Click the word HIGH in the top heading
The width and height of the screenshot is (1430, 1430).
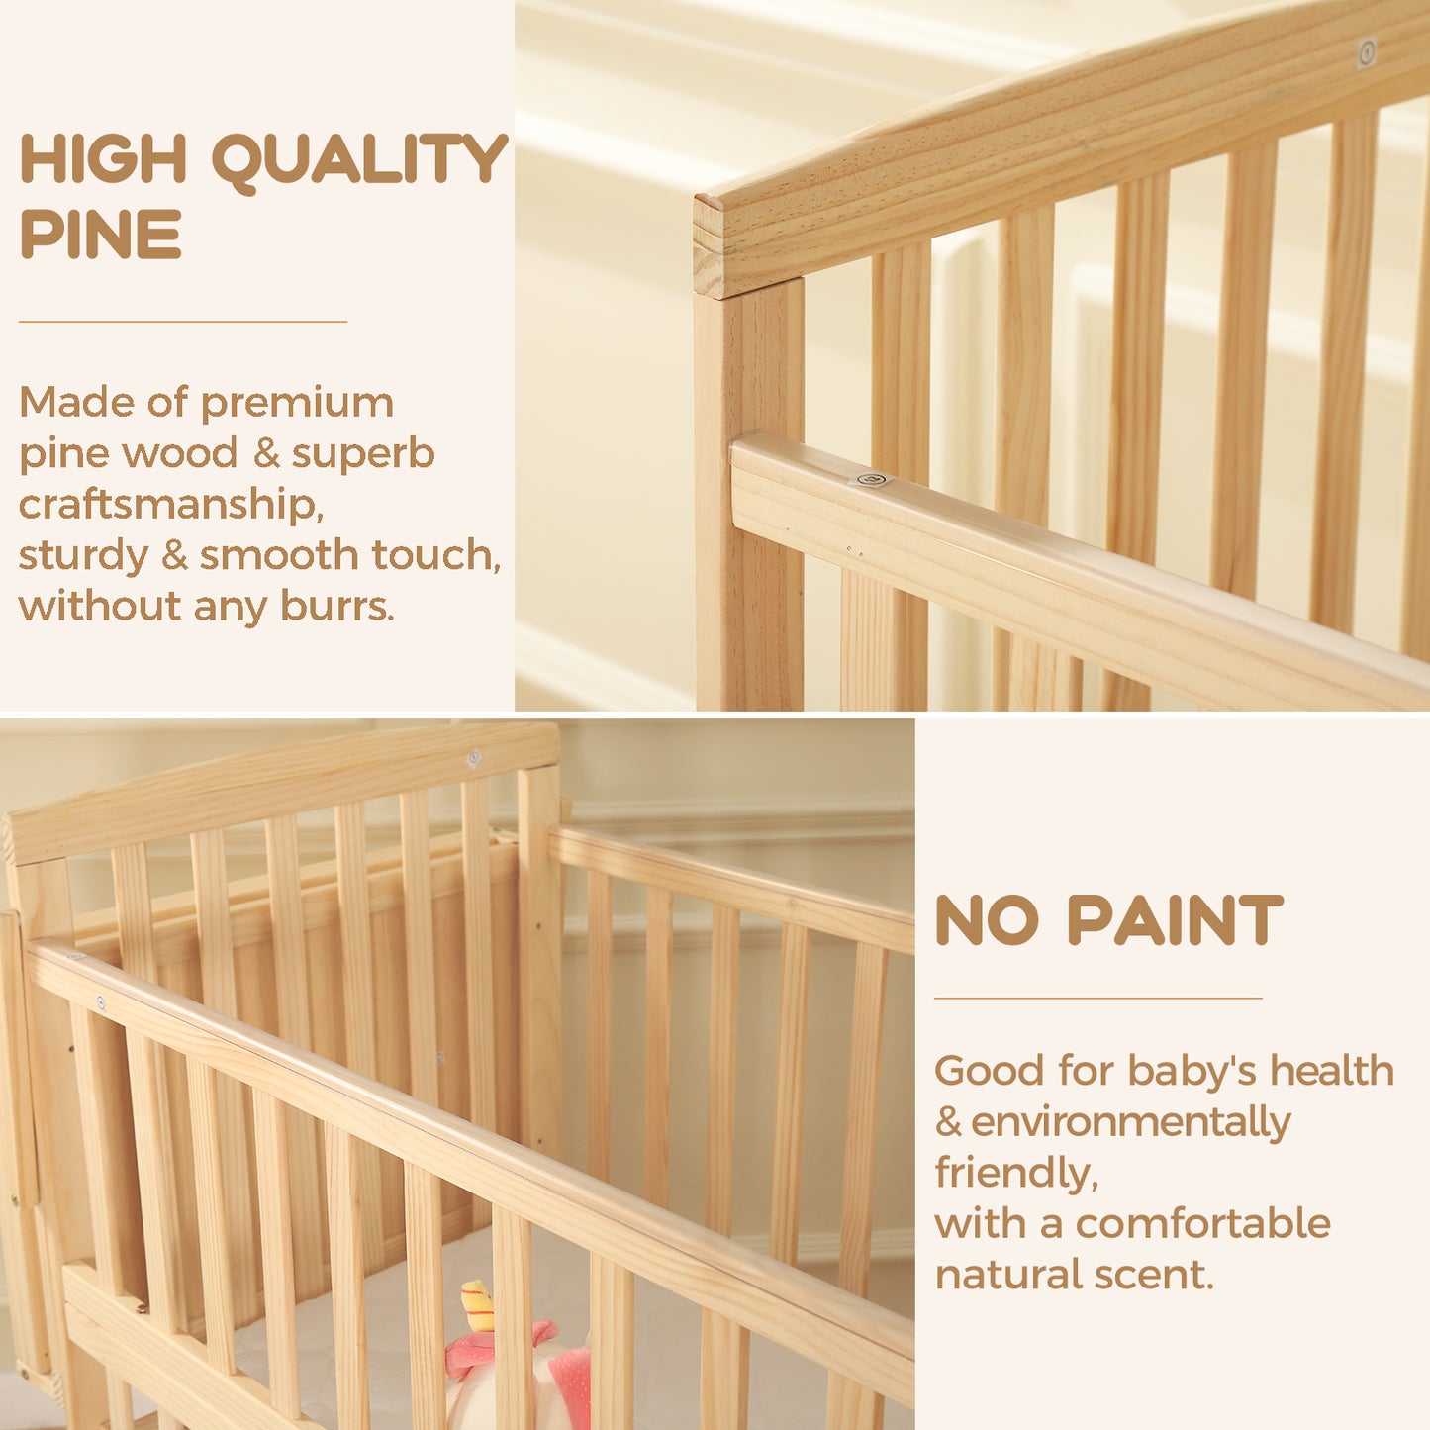103,158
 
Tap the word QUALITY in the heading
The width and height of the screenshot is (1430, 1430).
360,162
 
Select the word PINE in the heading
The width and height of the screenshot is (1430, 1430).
101,234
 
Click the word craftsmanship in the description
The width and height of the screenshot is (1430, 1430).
171,506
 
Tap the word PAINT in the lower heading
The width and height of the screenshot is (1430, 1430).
1176,920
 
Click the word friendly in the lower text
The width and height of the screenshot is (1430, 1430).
1016,1172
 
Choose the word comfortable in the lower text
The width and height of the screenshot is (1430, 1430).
1203,1222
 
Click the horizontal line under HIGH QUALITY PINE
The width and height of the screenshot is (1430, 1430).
183,322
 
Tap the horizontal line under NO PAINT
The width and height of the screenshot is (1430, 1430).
1098,999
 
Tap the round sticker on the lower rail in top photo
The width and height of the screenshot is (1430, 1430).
872,479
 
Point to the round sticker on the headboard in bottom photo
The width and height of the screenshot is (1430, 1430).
473,758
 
